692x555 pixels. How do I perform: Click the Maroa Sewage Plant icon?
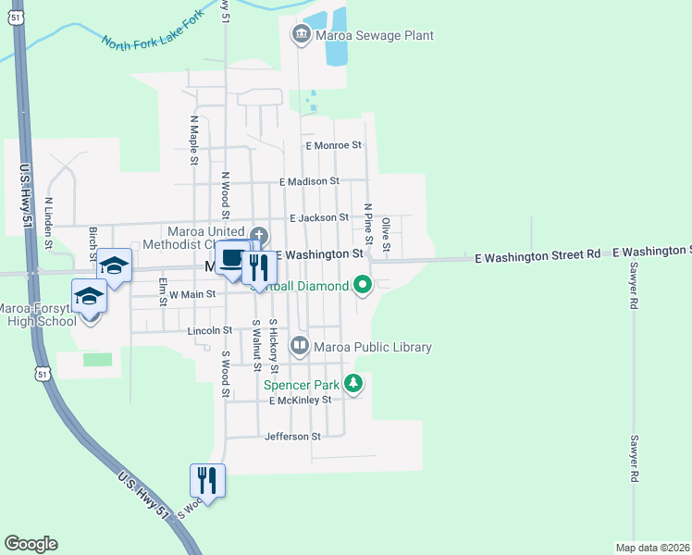point(300,36)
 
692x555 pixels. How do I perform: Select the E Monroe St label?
point(333,145)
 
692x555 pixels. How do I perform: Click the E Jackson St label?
point(318,217)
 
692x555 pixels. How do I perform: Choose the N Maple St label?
point(194,140)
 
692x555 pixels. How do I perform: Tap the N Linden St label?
point(47,223)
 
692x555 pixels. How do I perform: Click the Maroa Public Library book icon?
point(300,347)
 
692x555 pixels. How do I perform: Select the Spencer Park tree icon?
point(352,382)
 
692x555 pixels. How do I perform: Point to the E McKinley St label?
point(300,400)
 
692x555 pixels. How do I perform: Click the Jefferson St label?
point(292,436)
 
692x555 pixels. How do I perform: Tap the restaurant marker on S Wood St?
point(207,479)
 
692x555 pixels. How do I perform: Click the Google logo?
point(31,544)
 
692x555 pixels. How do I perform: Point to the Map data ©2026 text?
point(653,547)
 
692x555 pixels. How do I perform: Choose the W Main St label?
point(192,293)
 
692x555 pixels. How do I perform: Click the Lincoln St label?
point(208,329)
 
